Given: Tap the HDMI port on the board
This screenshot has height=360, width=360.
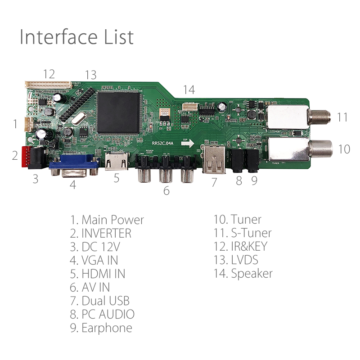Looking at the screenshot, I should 116,163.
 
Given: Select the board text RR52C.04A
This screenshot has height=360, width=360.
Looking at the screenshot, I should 162,144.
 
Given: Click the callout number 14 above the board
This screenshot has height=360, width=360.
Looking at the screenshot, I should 189,90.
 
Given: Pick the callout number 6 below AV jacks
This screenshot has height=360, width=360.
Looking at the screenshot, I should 166,191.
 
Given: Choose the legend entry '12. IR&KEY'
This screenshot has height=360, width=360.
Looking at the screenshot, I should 240,247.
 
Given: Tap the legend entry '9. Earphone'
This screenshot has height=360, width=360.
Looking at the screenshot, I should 101,328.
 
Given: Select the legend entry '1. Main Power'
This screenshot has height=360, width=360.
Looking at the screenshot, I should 107,220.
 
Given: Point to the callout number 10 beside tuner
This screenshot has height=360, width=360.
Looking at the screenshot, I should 344,149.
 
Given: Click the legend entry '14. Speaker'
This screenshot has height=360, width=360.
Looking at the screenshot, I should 243,274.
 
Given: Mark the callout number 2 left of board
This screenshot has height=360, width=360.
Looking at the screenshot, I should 15,156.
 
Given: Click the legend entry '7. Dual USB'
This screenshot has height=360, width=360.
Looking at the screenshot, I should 100,301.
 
